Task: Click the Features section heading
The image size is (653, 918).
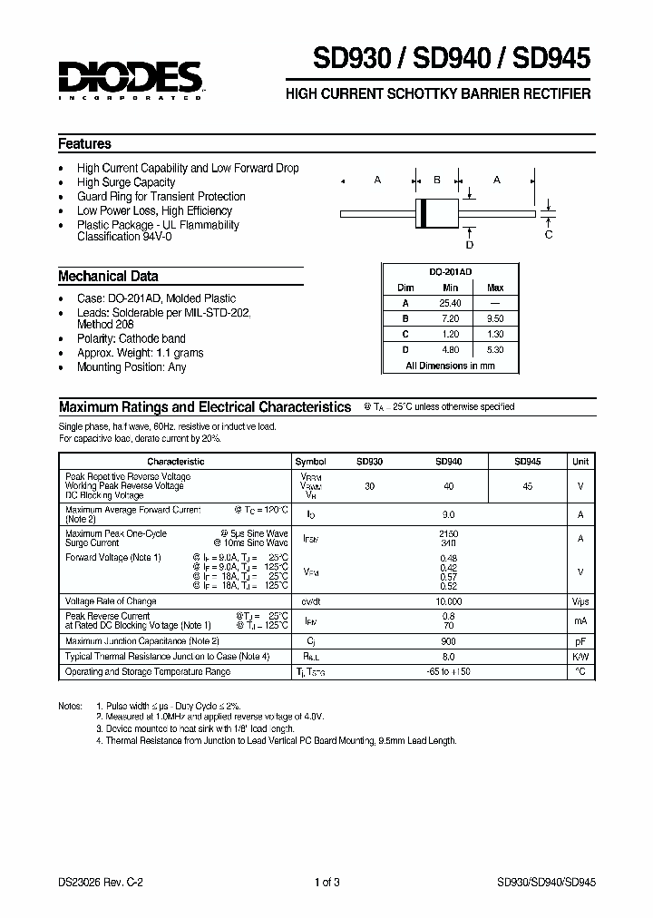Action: [x=84, y=143]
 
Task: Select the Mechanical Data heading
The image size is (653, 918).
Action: [x=108, y=277]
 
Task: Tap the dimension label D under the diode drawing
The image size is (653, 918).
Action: [x=469, y=244]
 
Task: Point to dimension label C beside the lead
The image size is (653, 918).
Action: [x=548, y=235]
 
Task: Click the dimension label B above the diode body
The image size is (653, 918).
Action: [x=436, y=181]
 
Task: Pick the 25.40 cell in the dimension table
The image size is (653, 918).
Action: [x=450, y=303]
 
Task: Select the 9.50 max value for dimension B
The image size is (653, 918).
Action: [x=495, y=318]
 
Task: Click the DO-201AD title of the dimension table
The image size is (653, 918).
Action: [x=450, y=271]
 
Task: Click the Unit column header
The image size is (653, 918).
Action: [x=580, y=461]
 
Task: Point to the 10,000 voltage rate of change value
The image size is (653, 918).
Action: [x=448, y=601]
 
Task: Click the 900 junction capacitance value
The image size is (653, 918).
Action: [x=448, y=641]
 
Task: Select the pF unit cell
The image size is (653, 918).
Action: [x=580, y=641]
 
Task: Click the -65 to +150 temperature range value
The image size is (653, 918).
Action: [x=448, y=671]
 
